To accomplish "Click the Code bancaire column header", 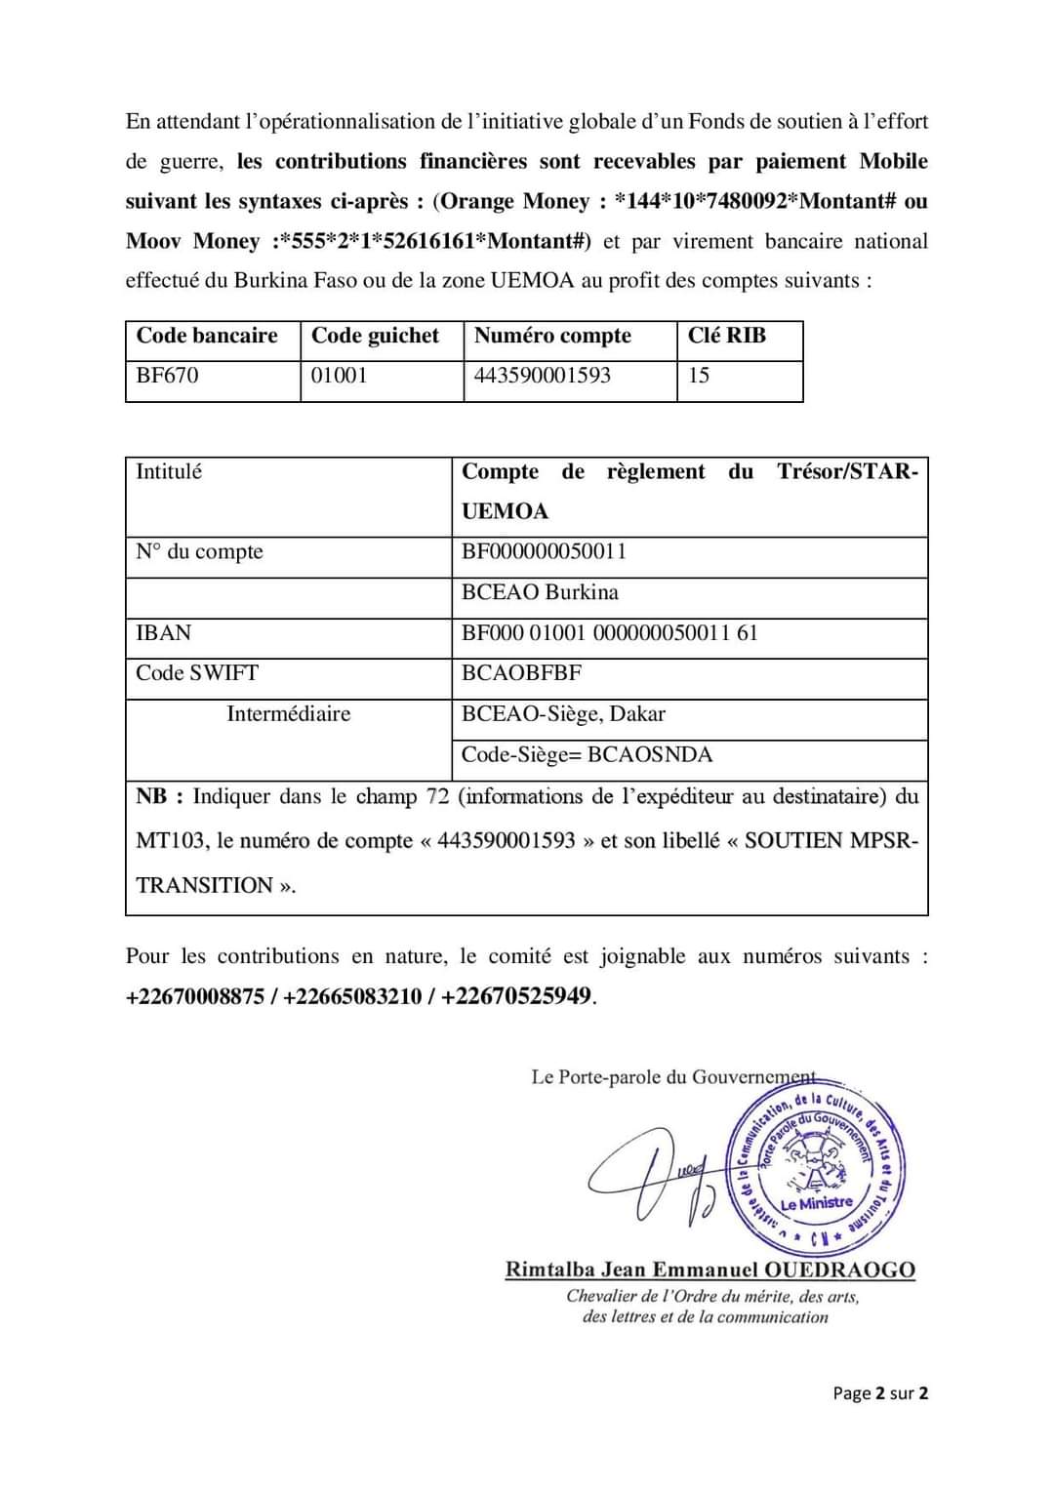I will tap(207, 336).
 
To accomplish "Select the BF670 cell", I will tap(167, 376).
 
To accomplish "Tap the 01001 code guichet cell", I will tap(339, 376).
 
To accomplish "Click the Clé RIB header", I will tap(726, 336).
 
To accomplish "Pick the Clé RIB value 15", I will tap(699, 376).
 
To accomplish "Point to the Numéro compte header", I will tap(552, 336).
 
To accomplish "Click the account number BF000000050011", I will tap(544, 551).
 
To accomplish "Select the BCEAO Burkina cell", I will tap(540, 592).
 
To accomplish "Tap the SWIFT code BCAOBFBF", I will tap(521, 673).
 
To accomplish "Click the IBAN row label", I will tap(163, 633).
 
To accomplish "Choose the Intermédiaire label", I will tap(288, 714).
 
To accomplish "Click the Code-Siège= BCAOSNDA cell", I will tap(587, 755).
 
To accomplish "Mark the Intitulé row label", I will tap(169, 472).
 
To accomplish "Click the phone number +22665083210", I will tap(352, 996).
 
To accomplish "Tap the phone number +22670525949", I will tap(515, 996).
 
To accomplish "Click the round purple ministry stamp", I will tap(816, 1169).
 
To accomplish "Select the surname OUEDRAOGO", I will tap(839, 1269).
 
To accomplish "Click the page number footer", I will tap(879, 1393).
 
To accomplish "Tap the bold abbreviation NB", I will tap(151, 796).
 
